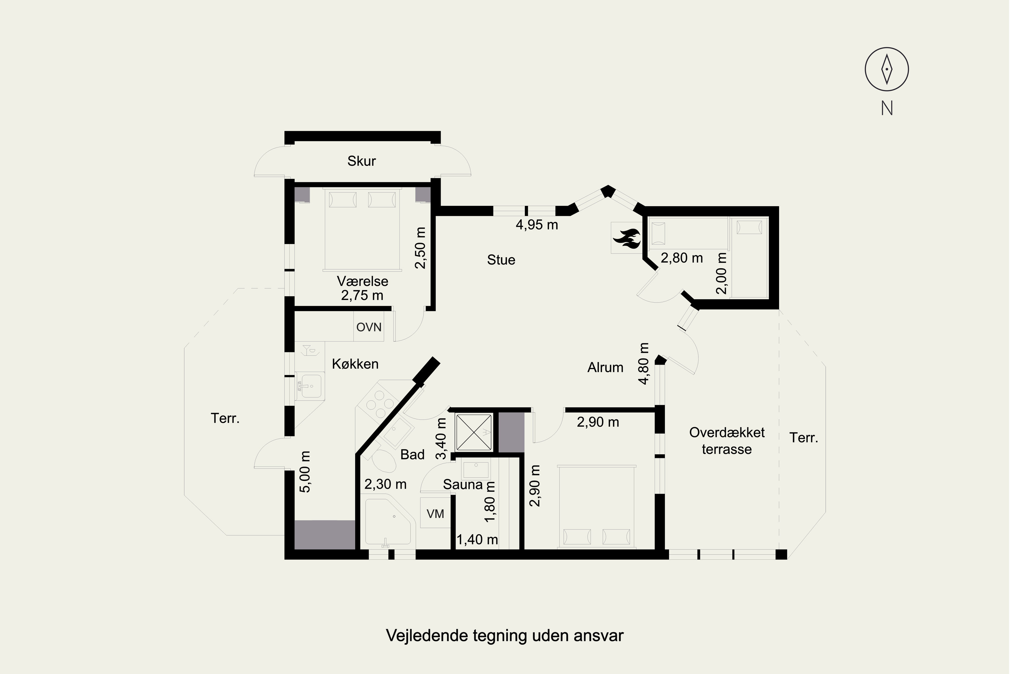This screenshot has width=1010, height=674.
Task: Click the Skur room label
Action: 362,161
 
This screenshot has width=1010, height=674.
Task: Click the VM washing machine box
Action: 435,513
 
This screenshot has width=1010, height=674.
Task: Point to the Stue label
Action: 501,259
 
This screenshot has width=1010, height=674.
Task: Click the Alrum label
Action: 605,368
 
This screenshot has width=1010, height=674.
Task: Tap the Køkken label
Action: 355,364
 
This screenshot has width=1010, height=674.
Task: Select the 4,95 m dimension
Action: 537,224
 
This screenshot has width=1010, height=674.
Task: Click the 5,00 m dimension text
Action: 305,471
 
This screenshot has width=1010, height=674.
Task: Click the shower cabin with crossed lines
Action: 474,432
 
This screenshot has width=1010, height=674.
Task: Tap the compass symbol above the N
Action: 887,69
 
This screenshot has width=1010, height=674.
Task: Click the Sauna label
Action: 463,485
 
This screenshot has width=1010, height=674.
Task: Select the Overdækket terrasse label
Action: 727,440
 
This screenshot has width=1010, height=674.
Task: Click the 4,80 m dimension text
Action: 643,363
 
